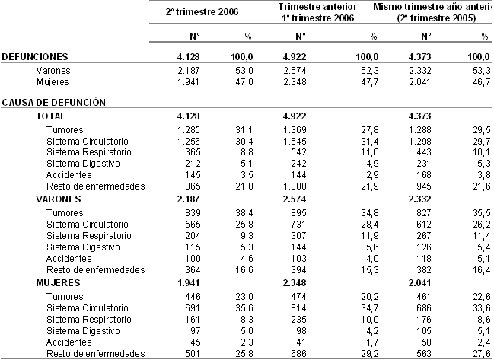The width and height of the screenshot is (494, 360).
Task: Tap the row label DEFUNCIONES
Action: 35,57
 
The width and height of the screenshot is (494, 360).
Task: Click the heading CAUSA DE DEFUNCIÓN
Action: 53,101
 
